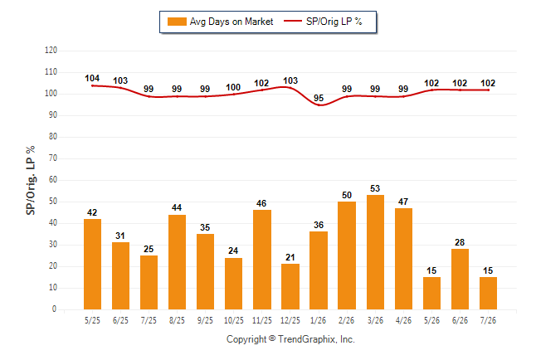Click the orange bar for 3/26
coord(375,252)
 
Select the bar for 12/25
coord(290,286)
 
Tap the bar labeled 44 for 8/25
coord(177,262)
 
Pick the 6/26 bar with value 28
coord(460,279)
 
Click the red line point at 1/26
coord(319,105)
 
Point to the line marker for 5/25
coord(92,85)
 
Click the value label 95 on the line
coord(319,98)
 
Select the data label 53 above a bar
coord(375,188)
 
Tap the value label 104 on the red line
coord(92,78)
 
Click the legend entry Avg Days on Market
coord(220,22)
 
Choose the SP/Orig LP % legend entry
coord(323,22)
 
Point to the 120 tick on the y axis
coord(51,51)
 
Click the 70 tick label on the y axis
coord(52,158)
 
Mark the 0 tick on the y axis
coord(55,309)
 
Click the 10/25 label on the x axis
coord(234,320)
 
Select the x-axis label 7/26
coord(488,320)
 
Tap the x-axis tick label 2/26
coord(347,320)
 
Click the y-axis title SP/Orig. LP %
coord(31,180)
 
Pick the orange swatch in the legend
coord(177,22)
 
